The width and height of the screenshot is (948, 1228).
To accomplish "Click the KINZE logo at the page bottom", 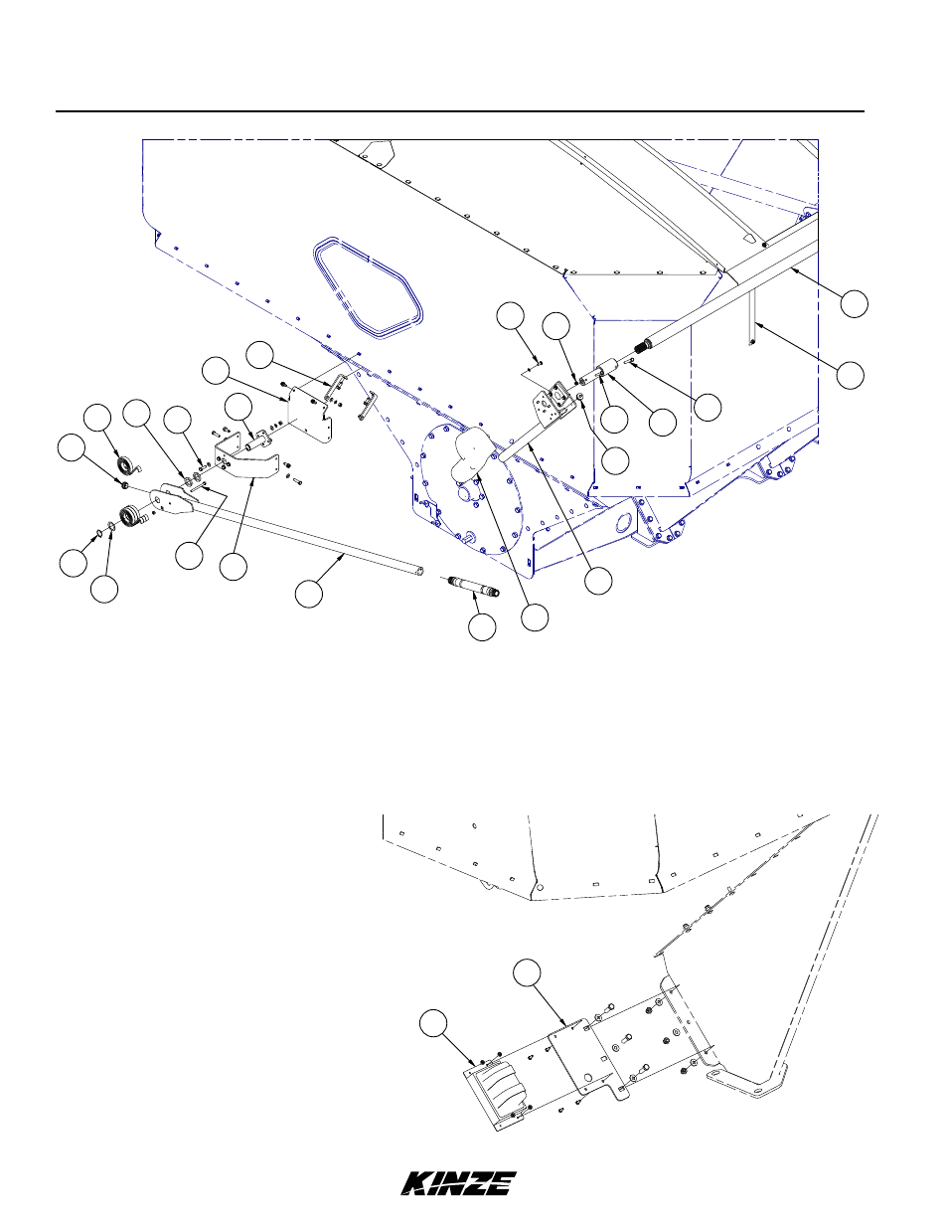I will click(458, 1183).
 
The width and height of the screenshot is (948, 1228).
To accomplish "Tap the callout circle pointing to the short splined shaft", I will click(482, 627).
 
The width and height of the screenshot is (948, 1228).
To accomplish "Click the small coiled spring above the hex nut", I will click(125, 467).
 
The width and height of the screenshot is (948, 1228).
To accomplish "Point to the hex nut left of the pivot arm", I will click(123, 484).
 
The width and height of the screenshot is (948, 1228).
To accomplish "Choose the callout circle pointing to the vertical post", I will click(850, 375).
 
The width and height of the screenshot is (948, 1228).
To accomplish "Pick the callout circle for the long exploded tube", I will click(309, 595).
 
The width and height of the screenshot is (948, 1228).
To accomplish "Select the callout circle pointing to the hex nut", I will click(70, 448).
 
